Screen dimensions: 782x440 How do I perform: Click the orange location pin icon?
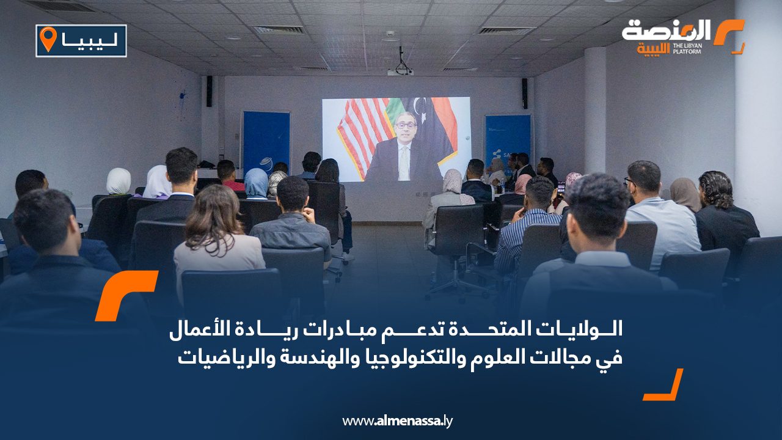pos(48,38)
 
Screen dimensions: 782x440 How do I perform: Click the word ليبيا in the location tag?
pos(90,41)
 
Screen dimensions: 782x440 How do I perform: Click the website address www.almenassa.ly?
pos(397,421)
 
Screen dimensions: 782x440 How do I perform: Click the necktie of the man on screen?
pos(404,163)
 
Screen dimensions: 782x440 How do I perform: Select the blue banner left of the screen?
pos(267,143)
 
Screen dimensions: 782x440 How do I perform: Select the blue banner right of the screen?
pos(508,137)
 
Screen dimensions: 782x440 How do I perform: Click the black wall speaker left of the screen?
pos(209,91)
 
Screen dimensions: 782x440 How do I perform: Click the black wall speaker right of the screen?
pos(524,94)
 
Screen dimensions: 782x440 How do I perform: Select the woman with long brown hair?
pos(216,234)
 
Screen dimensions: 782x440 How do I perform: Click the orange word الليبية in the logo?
pos(654,48)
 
